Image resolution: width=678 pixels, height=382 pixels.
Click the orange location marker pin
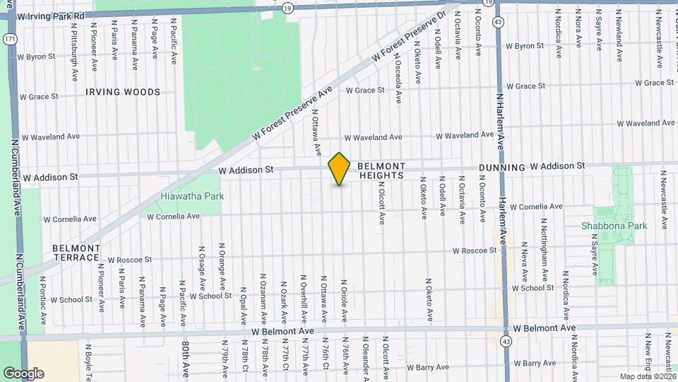click(x=339, y=169)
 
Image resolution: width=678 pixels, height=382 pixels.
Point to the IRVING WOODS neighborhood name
click(x=123, y=92)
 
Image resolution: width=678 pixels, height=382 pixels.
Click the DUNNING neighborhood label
click(x=501, y=168)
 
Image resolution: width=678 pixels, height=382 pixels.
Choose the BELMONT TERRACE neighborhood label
click(x=76, y=253)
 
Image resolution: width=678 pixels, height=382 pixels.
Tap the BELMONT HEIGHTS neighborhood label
click(x=381, y=170)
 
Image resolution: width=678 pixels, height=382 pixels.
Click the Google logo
click(x=23, y=373)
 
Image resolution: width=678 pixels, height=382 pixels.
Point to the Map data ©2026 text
click(x=646, y=376)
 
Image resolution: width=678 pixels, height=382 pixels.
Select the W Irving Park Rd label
click(x=52, y=15)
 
